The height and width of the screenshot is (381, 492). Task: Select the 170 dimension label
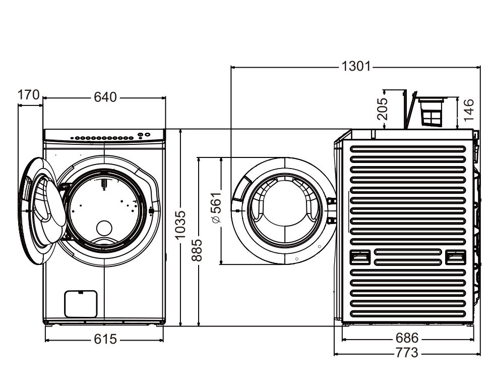pos(28,95)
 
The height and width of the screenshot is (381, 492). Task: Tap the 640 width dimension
pos(105,97)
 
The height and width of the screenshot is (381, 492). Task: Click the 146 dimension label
pos(469,110)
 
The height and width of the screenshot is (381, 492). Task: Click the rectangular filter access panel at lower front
pos(81,304)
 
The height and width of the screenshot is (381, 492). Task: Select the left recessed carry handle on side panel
pos(361,257)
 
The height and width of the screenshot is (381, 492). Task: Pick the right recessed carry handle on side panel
pos(455,257)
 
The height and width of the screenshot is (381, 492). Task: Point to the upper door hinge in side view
pos(331,201)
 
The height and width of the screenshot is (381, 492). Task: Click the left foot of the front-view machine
pos(48,324)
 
